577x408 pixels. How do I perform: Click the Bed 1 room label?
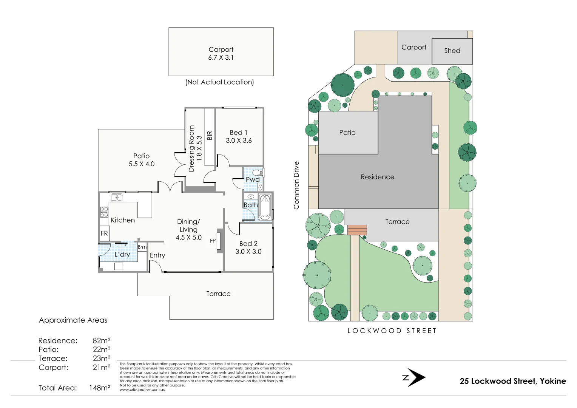click(238, 133)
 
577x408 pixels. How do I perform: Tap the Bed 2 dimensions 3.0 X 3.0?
click(248, 252)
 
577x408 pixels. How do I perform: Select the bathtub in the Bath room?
click(265, 207)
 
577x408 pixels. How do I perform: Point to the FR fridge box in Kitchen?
click(104, 233)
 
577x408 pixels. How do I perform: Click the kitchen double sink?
click(116, 197)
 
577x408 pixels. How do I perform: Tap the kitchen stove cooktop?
click(104, 212)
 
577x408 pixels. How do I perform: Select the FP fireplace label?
click(213, 241)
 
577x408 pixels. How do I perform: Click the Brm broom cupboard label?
click(142, 247)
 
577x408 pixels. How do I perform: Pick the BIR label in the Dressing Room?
click(210, 135)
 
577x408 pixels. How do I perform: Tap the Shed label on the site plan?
click(452, 51)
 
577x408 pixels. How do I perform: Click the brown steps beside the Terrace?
click(357, 230)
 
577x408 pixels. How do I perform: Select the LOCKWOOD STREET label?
click(392, 331)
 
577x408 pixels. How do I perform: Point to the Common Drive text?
click(296, 185)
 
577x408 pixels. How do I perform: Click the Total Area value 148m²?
click(100, 388)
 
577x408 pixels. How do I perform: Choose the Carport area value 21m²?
click(102, 367)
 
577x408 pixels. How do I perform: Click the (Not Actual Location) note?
click(219, 82)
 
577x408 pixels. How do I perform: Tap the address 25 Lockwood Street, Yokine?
click(512, 381)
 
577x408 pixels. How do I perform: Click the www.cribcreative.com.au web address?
click(142, 389)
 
